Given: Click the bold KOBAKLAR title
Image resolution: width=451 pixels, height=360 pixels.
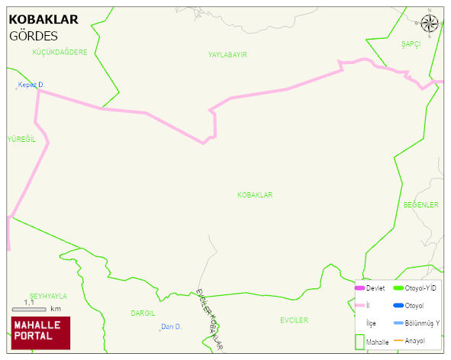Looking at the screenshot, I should coord(43,20).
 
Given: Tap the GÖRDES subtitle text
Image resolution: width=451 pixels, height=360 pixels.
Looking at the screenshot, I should coord(34,36).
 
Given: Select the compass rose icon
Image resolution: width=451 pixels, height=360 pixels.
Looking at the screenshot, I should coord(430,24).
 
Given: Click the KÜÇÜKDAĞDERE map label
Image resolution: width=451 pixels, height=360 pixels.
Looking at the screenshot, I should coord(60,53).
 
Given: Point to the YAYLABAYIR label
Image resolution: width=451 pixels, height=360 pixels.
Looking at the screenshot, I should coord(227,55).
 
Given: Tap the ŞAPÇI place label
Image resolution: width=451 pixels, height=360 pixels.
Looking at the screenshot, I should coord(411,45).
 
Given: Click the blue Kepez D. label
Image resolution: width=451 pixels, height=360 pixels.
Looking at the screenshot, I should coord(33,85).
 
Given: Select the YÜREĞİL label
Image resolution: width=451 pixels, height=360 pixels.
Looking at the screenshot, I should coord(21,139).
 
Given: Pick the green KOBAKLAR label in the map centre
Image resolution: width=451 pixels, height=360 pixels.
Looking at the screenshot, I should coord(255,195).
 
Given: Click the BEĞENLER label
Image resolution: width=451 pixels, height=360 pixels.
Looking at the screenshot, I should coord(421,205).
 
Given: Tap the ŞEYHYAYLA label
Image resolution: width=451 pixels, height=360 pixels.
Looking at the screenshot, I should coord(48,296).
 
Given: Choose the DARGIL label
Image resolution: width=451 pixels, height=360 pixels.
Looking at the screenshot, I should coord(143,313).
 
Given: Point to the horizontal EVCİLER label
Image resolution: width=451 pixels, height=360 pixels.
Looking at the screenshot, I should coord(294,320).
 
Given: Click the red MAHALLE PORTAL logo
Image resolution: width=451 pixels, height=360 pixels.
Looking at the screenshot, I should coord(40,332).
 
